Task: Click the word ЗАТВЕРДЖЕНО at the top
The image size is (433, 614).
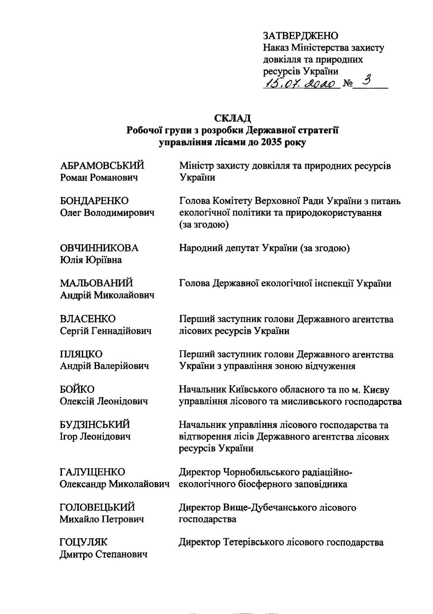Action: tap(300, 36)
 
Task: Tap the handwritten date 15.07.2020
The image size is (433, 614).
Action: tap(301, 83)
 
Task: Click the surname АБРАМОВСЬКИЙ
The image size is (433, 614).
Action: tap(102, 166)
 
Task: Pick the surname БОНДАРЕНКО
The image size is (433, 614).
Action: tap(94, 201)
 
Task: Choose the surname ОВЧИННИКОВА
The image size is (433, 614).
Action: tap(99, 248)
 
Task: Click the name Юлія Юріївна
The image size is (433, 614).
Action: tap(91, 260)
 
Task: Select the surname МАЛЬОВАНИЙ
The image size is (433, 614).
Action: tap(96, 283)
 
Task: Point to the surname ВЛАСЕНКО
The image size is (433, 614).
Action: tap(88, 319)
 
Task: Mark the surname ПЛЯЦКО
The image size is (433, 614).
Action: tap(81, 354)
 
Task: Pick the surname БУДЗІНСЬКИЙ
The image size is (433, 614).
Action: tap(95, 424)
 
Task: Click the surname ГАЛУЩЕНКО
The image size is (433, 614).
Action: tap(92, 472)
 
